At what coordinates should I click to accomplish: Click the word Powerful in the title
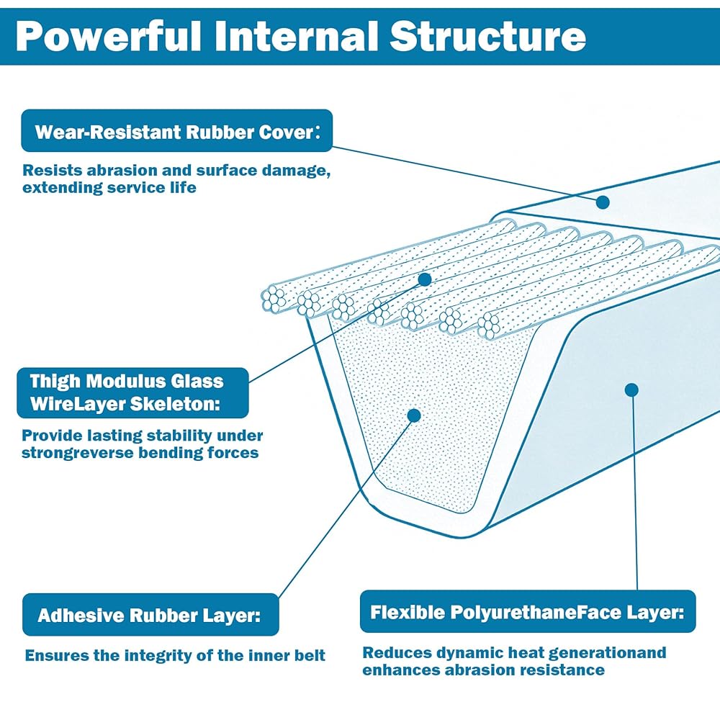click(109, 37)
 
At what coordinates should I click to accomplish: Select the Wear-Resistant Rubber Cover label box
click(177, 131)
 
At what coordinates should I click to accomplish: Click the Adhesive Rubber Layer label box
click(150, 615)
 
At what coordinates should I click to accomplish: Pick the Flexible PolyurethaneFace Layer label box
click(528, 611)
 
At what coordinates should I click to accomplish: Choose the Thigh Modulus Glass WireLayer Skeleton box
click(132, 392)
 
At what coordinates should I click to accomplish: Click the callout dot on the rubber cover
click(603, 202)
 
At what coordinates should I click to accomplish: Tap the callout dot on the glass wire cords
click(425, 279)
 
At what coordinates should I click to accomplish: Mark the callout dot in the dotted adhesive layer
click(414, 415)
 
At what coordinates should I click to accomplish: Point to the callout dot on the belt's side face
click(632, 390)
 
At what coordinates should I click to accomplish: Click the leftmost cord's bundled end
click(274, 299)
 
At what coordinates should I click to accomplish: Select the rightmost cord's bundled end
click(489, 325)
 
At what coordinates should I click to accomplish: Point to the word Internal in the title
click(296, 36)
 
